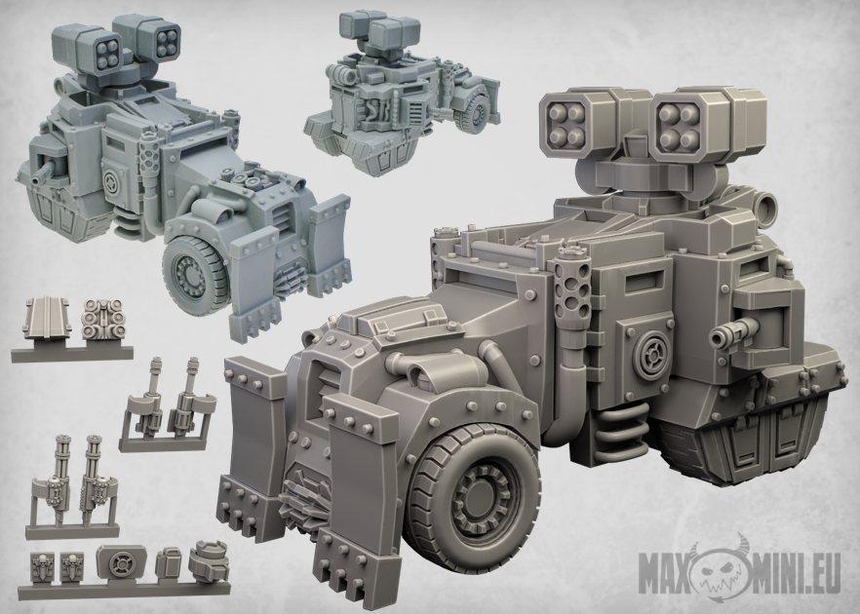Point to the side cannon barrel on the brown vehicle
[x=733, y=332]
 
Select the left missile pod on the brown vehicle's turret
[x=581, y=126]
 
